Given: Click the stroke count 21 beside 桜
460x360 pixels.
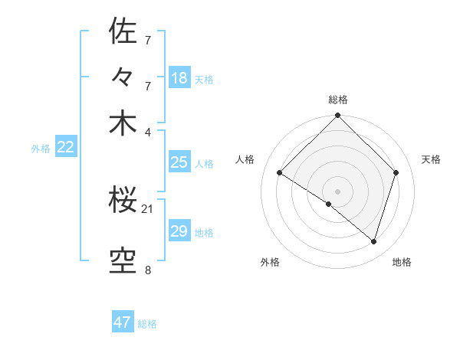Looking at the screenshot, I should tap(147, 209).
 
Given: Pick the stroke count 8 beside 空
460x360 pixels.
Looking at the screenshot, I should tap(147, 270).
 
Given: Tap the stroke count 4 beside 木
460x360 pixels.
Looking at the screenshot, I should tap(147, 131).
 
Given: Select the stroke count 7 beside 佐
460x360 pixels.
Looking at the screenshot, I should tap(147, 39).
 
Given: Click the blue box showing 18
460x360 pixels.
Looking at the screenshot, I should tap(179, 77).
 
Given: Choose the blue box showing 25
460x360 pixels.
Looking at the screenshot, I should tap(179, 162).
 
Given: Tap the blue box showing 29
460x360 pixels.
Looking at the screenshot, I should tap(179, 231).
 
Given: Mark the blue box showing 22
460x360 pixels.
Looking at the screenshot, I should tap(65, 148).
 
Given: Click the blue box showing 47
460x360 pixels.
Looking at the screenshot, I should tap(123, 322).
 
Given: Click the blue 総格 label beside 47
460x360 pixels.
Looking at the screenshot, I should tap(147, 324).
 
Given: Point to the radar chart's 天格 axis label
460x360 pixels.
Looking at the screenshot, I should tap(431, 159).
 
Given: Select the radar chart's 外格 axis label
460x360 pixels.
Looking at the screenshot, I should tap(269, 262).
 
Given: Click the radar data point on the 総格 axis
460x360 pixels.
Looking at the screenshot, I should tap(337, 116).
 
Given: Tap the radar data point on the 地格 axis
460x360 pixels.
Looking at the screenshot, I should tap(373, 242).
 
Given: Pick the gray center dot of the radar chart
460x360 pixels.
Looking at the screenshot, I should tap(337, 191).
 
